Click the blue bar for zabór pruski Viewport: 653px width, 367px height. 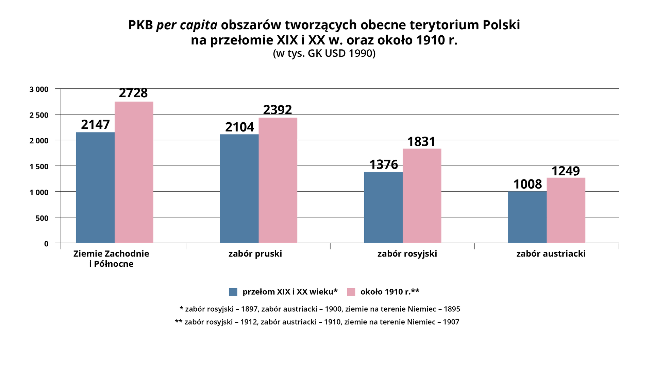tap(239, 189)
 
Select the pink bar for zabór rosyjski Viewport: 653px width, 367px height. tap(422, 196)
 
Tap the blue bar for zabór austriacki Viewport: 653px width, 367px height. tap(527, 217)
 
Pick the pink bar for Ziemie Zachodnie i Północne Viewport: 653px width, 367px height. tap(134, 172)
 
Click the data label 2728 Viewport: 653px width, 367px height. tap(133, 93)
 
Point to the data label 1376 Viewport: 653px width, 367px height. tap(383, 164)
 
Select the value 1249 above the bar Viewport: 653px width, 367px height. tap(565, 171)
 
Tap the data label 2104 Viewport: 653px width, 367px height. tap(239, 127)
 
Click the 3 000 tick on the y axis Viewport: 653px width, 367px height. tap(39, 89)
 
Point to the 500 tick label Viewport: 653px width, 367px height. tap(42, 218)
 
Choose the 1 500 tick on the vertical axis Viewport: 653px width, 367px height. tap(39, 167)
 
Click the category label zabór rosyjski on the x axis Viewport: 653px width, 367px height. tap(407, 254)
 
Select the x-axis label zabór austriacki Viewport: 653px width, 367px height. tap(551, 254)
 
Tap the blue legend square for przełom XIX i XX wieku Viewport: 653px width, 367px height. tap(233, 292)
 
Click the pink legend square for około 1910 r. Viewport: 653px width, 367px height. tap(351, 292)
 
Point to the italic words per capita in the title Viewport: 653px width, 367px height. tap(186, 25)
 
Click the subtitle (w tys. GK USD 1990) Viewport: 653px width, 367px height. tap(324, 53)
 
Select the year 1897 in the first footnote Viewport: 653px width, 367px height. tap(250, 309)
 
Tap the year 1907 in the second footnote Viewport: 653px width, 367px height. tap(451, 322)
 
